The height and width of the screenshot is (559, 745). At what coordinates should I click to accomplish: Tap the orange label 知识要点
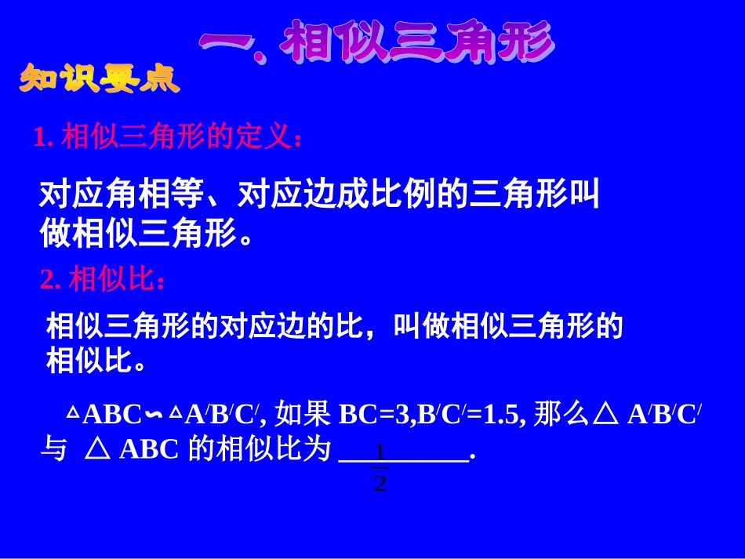tap(100, 80)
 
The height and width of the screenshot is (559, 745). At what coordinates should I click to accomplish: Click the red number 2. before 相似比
tap(50, 280)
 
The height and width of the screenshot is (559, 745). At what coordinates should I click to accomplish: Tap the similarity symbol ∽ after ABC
tap(155, 414)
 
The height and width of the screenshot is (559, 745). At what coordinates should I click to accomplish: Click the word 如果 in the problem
tap(307, 414)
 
